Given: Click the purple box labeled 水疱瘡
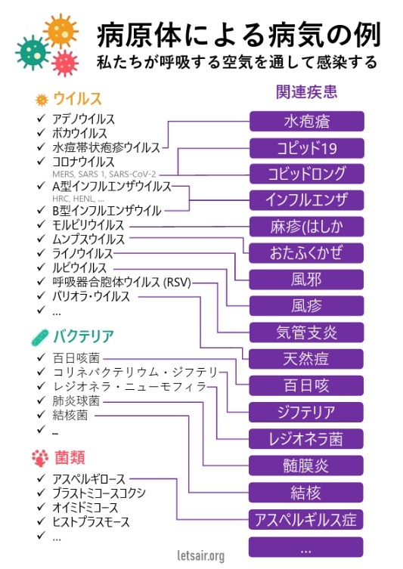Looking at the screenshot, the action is point(306,121).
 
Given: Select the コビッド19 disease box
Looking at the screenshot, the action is point(306,148).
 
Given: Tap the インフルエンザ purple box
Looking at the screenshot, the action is point(306,200).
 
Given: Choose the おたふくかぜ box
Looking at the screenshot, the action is point(306,253).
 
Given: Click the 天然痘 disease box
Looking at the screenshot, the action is point(306,359).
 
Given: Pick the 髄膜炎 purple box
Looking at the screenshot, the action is point(306,465).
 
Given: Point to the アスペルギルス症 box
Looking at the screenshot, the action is point(306,520).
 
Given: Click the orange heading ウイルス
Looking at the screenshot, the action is point(77,99).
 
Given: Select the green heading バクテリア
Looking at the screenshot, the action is point(83,336).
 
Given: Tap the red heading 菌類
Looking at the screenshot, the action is point(70,458).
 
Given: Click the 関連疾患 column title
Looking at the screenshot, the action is point(306,91).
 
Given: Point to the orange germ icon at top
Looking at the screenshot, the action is point(61,31).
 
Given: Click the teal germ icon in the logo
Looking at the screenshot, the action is point(33,53).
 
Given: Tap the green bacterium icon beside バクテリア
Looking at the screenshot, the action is point(40,337).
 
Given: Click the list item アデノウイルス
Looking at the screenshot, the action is point(83,119).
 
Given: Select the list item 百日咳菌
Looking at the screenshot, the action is point(76,358).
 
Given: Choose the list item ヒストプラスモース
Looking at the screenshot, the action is point(91,522).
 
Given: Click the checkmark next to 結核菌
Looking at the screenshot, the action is point(41,414).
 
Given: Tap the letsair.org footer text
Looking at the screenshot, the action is point(201,555).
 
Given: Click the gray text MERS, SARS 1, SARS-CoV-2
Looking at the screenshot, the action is point(104,175).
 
